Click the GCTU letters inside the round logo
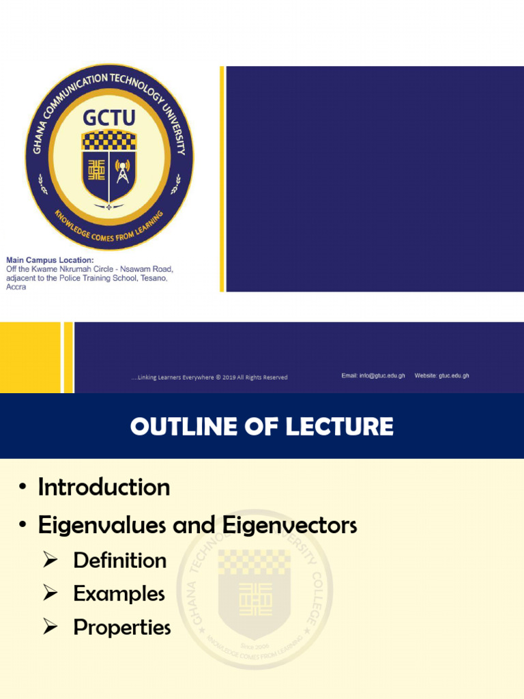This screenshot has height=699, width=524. pos(109,118)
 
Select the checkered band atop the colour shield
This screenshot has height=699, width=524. pos(109,141)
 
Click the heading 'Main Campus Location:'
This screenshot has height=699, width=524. pos(50,260)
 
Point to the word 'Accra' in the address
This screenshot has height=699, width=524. pos(16,287)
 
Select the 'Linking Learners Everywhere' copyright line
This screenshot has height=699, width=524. pos(209,377)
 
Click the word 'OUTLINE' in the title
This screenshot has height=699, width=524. pos(178,427)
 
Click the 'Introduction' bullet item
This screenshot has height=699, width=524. pos(104,487)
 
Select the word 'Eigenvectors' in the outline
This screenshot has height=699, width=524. pos(289,526)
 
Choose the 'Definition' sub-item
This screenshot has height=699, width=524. pos(120,560)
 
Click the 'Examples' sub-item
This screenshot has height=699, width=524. pos(119,593)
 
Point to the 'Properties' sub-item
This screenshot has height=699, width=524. pos(122,627)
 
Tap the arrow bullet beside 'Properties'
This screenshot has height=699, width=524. pos(50,627)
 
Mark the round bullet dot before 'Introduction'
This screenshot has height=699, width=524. pos(23,488)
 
